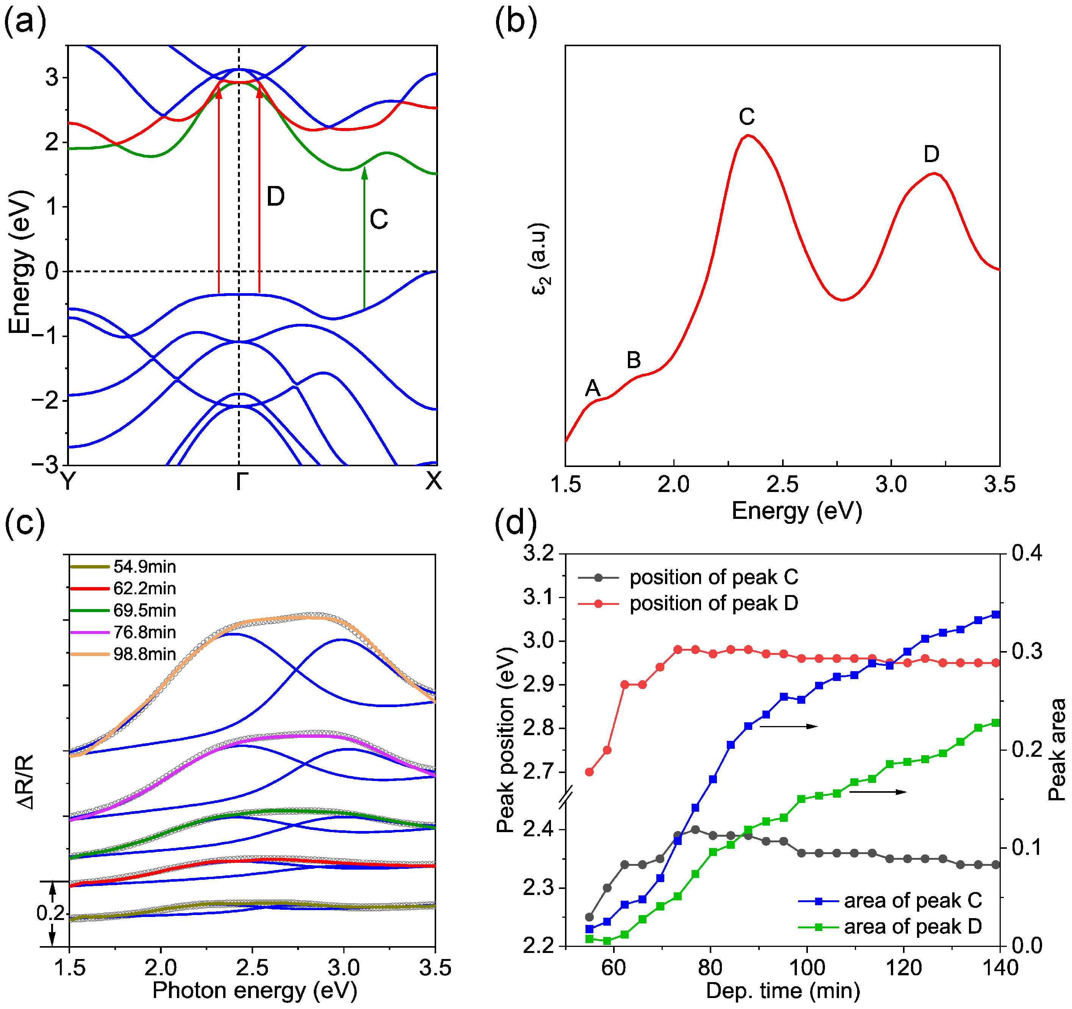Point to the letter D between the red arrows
click(275, 197)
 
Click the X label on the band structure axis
click(433, 481)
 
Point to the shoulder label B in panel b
click(634, 360)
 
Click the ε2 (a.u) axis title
click(540, 259)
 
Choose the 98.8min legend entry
click(144, 654)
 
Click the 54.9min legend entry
click(144, 567)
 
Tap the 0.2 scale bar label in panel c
click(50, 913)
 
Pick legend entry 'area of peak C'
click(912, 901)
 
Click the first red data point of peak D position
click(589, 772)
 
